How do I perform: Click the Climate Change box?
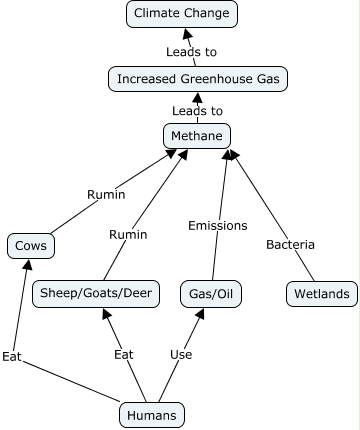point(182,14)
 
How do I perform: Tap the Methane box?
point(197,136)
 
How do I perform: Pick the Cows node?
point(30,245)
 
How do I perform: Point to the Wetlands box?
point(320,294)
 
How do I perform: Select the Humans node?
point(152,414)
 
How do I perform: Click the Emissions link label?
point(217,225)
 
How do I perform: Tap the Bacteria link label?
point(290,245)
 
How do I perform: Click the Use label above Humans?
point(181,354)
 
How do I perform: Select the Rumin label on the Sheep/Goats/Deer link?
point(128,235)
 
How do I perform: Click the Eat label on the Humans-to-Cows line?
point(11,356)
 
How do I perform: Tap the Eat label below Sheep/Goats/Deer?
point(124,354)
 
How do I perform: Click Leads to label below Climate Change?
point(191,51)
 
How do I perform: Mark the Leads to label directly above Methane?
point(196,111)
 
